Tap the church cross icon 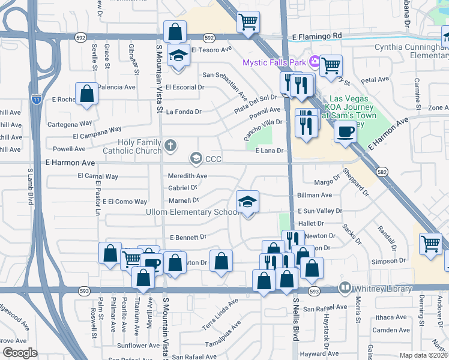click(x=170, y=145)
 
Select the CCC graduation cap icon click(x=196, y=158)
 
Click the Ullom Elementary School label click(x=184, y=212)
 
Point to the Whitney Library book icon click(x=345, y=287)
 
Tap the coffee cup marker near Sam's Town click(x=345, y=132)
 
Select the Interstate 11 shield click(x=37, y=99)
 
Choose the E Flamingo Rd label click(x=317, y=37)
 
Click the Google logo click(x=20, y=353)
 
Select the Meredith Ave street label click(x=187, y=176)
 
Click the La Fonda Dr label click(x=184, y=112)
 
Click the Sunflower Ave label click(x=138, y=346)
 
